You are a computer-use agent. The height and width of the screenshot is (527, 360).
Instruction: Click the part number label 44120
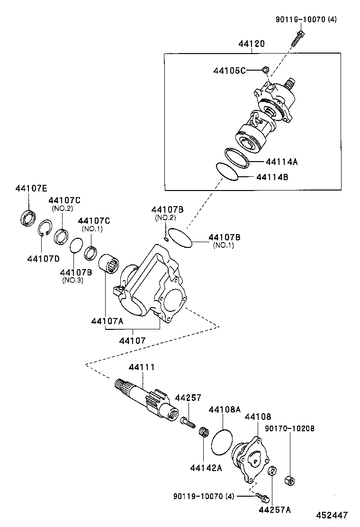click(251, 44)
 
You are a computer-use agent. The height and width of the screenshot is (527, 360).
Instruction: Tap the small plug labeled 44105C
click(266, 71)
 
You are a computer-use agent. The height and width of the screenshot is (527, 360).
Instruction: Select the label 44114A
click(281, 162)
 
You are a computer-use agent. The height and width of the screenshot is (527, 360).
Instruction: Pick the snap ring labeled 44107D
click(45, 227)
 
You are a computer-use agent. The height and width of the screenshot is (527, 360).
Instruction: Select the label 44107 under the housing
click(132, 340)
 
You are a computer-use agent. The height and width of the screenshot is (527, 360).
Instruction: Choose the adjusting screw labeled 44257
click(187, 421)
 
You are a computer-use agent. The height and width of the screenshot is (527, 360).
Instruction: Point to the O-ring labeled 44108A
click(222, 442)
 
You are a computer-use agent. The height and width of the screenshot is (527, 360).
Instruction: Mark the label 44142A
click(206, 467)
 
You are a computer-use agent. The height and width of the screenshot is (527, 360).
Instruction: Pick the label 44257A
click(275, 510)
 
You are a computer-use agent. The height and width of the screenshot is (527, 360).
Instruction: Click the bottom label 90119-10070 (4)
click(204, 496)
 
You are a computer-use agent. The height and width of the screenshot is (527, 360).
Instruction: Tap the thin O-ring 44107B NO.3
click(75, 246)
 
